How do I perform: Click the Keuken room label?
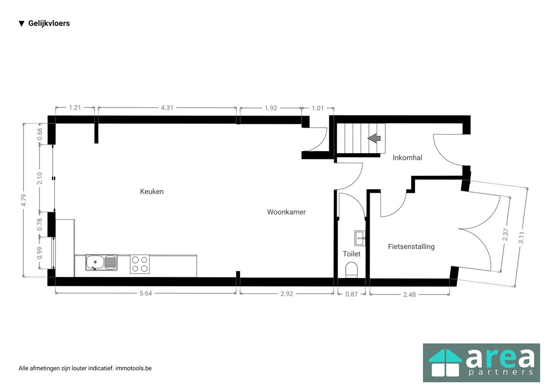pos(152,192)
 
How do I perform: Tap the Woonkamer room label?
pos(286,212)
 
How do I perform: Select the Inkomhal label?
pos(407,157)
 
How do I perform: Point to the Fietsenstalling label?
pos(411,247)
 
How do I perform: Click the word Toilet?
pos(351,254)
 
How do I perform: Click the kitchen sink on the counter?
pos(101,263)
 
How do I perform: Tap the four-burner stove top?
pos(139,264)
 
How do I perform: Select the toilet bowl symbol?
pos(351,270)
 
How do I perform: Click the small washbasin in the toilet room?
pos(360,238)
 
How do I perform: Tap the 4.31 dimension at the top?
pos(167,108)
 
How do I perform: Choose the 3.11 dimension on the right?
pos(521,238)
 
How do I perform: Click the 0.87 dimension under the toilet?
pos(351,294)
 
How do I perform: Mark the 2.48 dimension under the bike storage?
pos(409,294)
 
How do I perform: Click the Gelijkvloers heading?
pos(49,23)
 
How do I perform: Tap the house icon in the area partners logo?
pos(444,363)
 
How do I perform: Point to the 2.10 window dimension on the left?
pos(40,177)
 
